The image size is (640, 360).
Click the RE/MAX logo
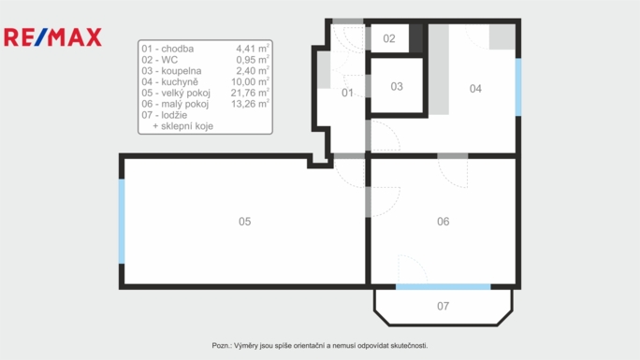coord(52,37)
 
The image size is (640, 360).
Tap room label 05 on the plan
coord(244,222)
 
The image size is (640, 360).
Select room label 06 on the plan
coord(443,222)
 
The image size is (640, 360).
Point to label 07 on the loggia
coord(443,306)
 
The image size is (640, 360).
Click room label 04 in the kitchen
coord(475,89)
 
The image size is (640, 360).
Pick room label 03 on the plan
coord(397,86)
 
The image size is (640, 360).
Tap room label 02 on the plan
coord(389,38)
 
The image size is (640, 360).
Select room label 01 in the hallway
coord(347,93)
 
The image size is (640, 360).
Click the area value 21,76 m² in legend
coord(250,93)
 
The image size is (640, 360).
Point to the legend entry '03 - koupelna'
coord(171,71)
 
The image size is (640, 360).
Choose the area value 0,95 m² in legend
coord(253,60)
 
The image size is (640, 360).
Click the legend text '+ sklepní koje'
coord(182,126)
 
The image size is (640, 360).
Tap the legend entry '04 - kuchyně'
coord(169,82)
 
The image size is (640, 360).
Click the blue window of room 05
coord(122,221)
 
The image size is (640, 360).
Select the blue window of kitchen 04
coord(518,87)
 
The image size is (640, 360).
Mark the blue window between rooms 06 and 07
coord(443,287)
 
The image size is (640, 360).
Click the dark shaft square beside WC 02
coord(416,38)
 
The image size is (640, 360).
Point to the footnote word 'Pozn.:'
coord(222,346)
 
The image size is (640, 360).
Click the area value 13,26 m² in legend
coord(250,104)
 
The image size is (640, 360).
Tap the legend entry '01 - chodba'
coord(167,49)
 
